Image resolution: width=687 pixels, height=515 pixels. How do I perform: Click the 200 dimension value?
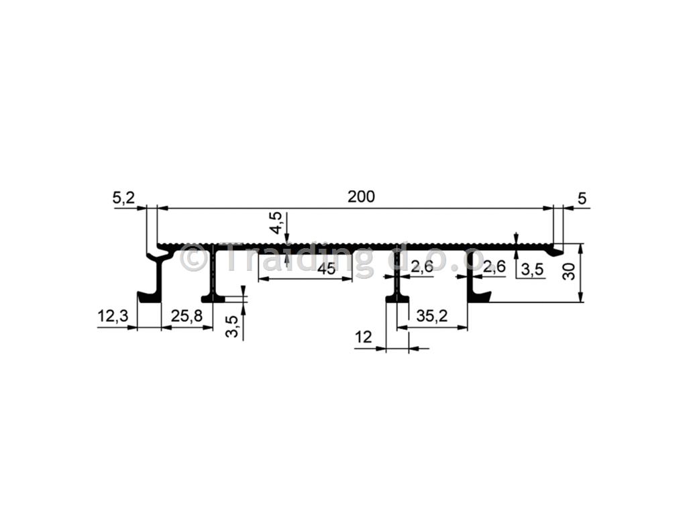[361, 196]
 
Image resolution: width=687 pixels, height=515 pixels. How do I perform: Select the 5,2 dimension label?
[123, 198]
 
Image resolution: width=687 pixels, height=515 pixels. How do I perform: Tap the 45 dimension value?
[327, 268]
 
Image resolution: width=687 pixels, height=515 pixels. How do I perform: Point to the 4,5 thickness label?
[276, 223]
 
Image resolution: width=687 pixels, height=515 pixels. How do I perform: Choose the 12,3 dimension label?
[113, 315]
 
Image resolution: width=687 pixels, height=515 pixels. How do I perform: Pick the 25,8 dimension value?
[187, 315]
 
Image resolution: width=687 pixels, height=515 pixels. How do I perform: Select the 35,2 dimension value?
[432, 315]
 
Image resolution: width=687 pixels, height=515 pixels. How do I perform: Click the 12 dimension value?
[363, 337]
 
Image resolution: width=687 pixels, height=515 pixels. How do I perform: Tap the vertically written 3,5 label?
[233, 327]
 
